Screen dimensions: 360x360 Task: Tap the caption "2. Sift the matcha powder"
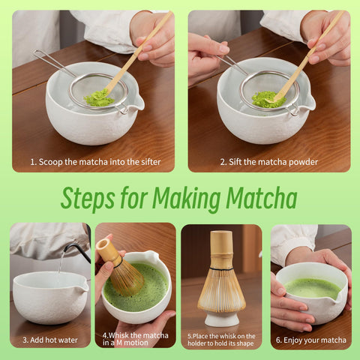pyautogui.click(x=268, y=161)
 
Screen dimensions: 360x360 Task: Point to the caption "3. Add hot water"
pyautogui.click(x=50, y=340)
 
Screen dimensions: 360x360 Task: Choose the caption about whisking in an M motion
pyautogui.click(x=135, y=339)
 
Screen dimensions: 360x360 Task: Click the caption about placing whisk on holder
pyautogui.click(x=221, y=339)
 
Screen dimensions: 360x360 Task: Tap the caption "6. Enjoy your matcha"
pyautogui.click(x=310, y=340)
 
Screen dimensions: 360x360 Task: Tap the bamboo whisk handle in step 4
pyautogui.click(x=108, y=250)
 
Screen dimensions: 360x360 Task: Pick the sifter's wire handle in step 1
pyautogui.click(x=51, y=63)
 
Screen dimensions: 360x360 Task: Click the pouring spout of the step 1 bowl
pyautogui.click(x=135, y=109)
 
